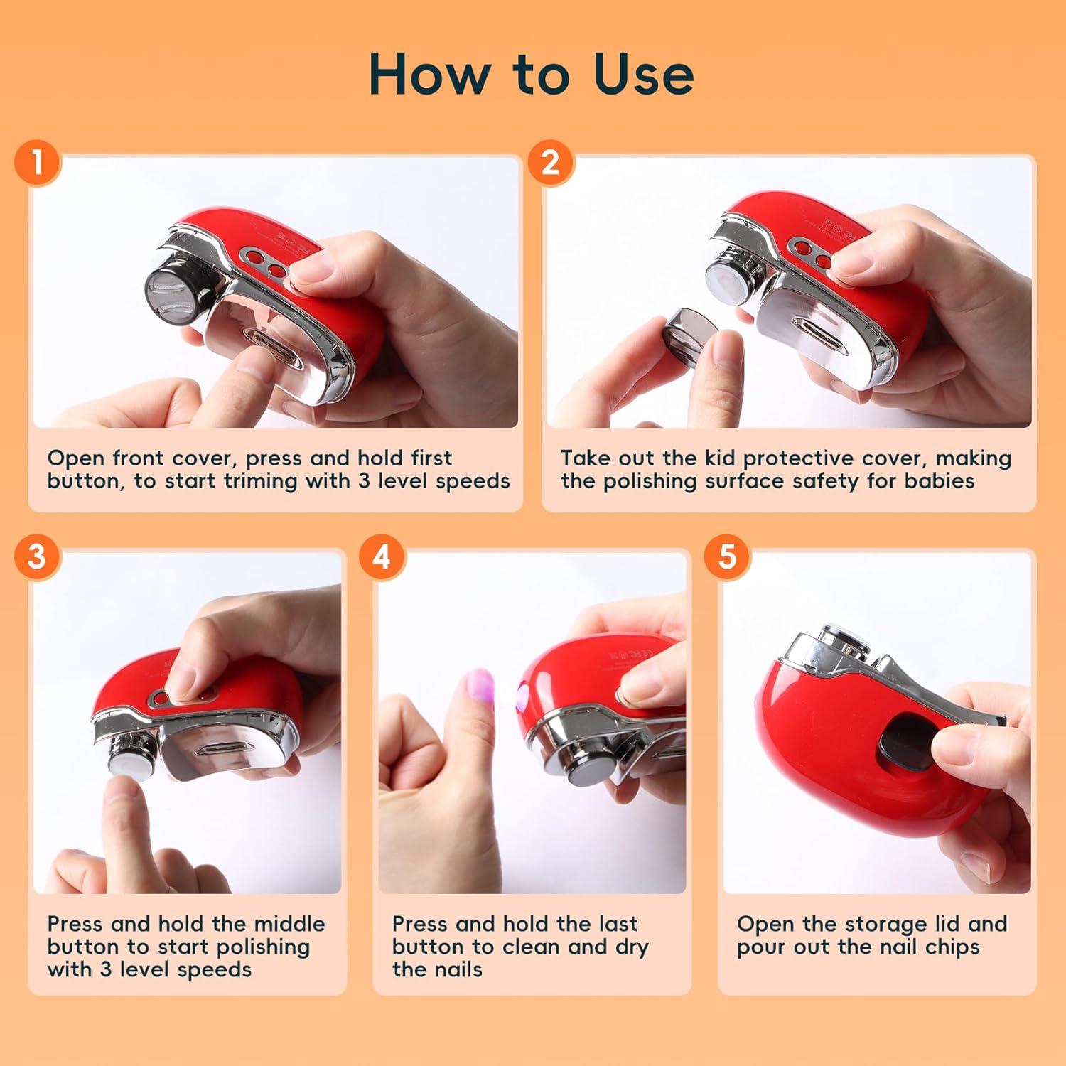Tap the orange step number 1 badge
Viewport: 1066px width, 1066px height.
37,162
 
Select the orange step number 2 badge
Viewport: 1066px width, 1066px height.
550,162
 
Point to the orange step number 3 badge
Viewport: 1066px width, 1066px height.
37,556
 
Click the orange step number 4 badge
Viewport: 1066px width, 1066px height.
382,556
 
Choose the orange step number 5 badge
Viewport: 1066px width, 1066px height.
727,556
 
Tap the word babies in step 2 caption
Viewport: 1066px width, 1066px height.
939,481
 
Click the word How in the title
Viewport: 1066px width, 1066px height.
429,75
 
